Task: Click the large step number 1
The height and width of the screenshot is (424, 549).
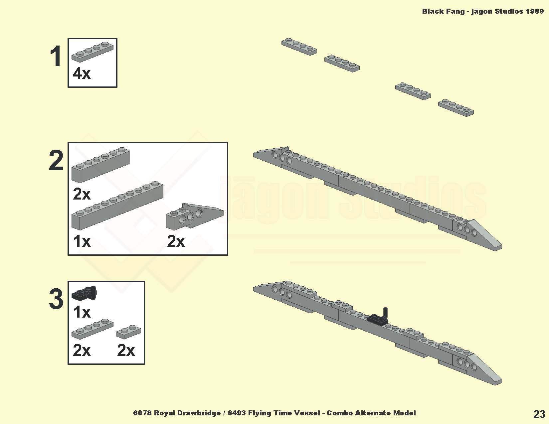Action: [56, 56]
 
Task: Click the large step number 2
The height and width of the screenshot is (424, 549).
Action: [56, 160]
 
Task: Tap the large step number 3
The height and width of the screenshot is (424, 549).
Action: [56, 299]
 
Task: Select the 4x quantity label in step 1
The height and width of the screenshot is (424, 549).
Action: [82, 73]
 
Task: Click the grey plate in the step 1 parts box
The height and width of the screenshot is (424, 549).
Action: [92, 52]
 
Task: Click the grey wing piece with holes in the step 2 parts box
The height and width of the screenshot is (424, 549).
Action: [195, 216]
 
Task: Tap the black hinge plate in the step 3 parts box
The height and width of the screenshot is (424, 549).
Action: [84, 293]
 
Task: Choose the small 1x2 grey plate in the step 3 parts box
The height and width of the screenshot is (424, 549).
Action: [128, 332]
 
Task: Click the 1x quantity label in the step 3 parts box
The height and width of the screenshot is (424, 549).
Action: [82, 312]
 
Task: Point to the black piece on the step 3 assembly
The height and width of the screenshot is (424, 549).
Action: [378, 317]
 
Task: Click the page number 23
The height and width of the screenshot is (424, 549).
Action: [539, 414]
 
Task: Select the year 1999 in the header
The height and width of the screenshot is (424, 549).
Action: [535, 11]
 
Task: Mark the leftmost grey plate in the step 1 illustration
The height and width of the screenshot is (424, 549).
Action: [299, 47]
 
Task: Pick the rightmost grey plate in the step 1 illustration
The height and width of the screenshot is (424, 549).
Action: [456, 108]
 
